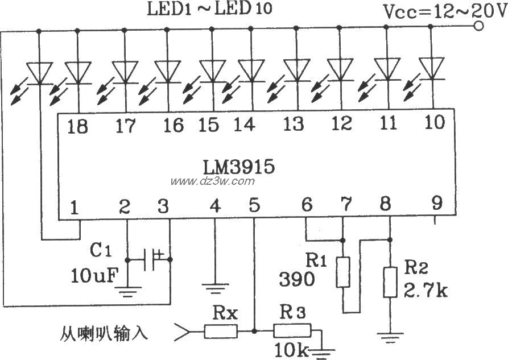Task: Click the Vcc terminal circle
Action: click(x=479, y=26)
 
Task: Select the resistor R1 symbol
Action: click(x=343, y=271)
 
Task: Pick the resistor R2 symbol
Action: click(x=390, y=282)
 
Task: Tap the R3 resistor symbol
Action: click(x=292, y=330)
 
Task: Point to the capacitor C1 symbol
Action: click(x=154, y=259)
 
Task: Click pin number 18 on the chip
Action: click(x=77, y=126)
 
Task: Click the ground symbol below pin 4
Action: click(x=215, y=289)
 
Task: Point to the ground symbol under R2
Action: click(x=390, y=341)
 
